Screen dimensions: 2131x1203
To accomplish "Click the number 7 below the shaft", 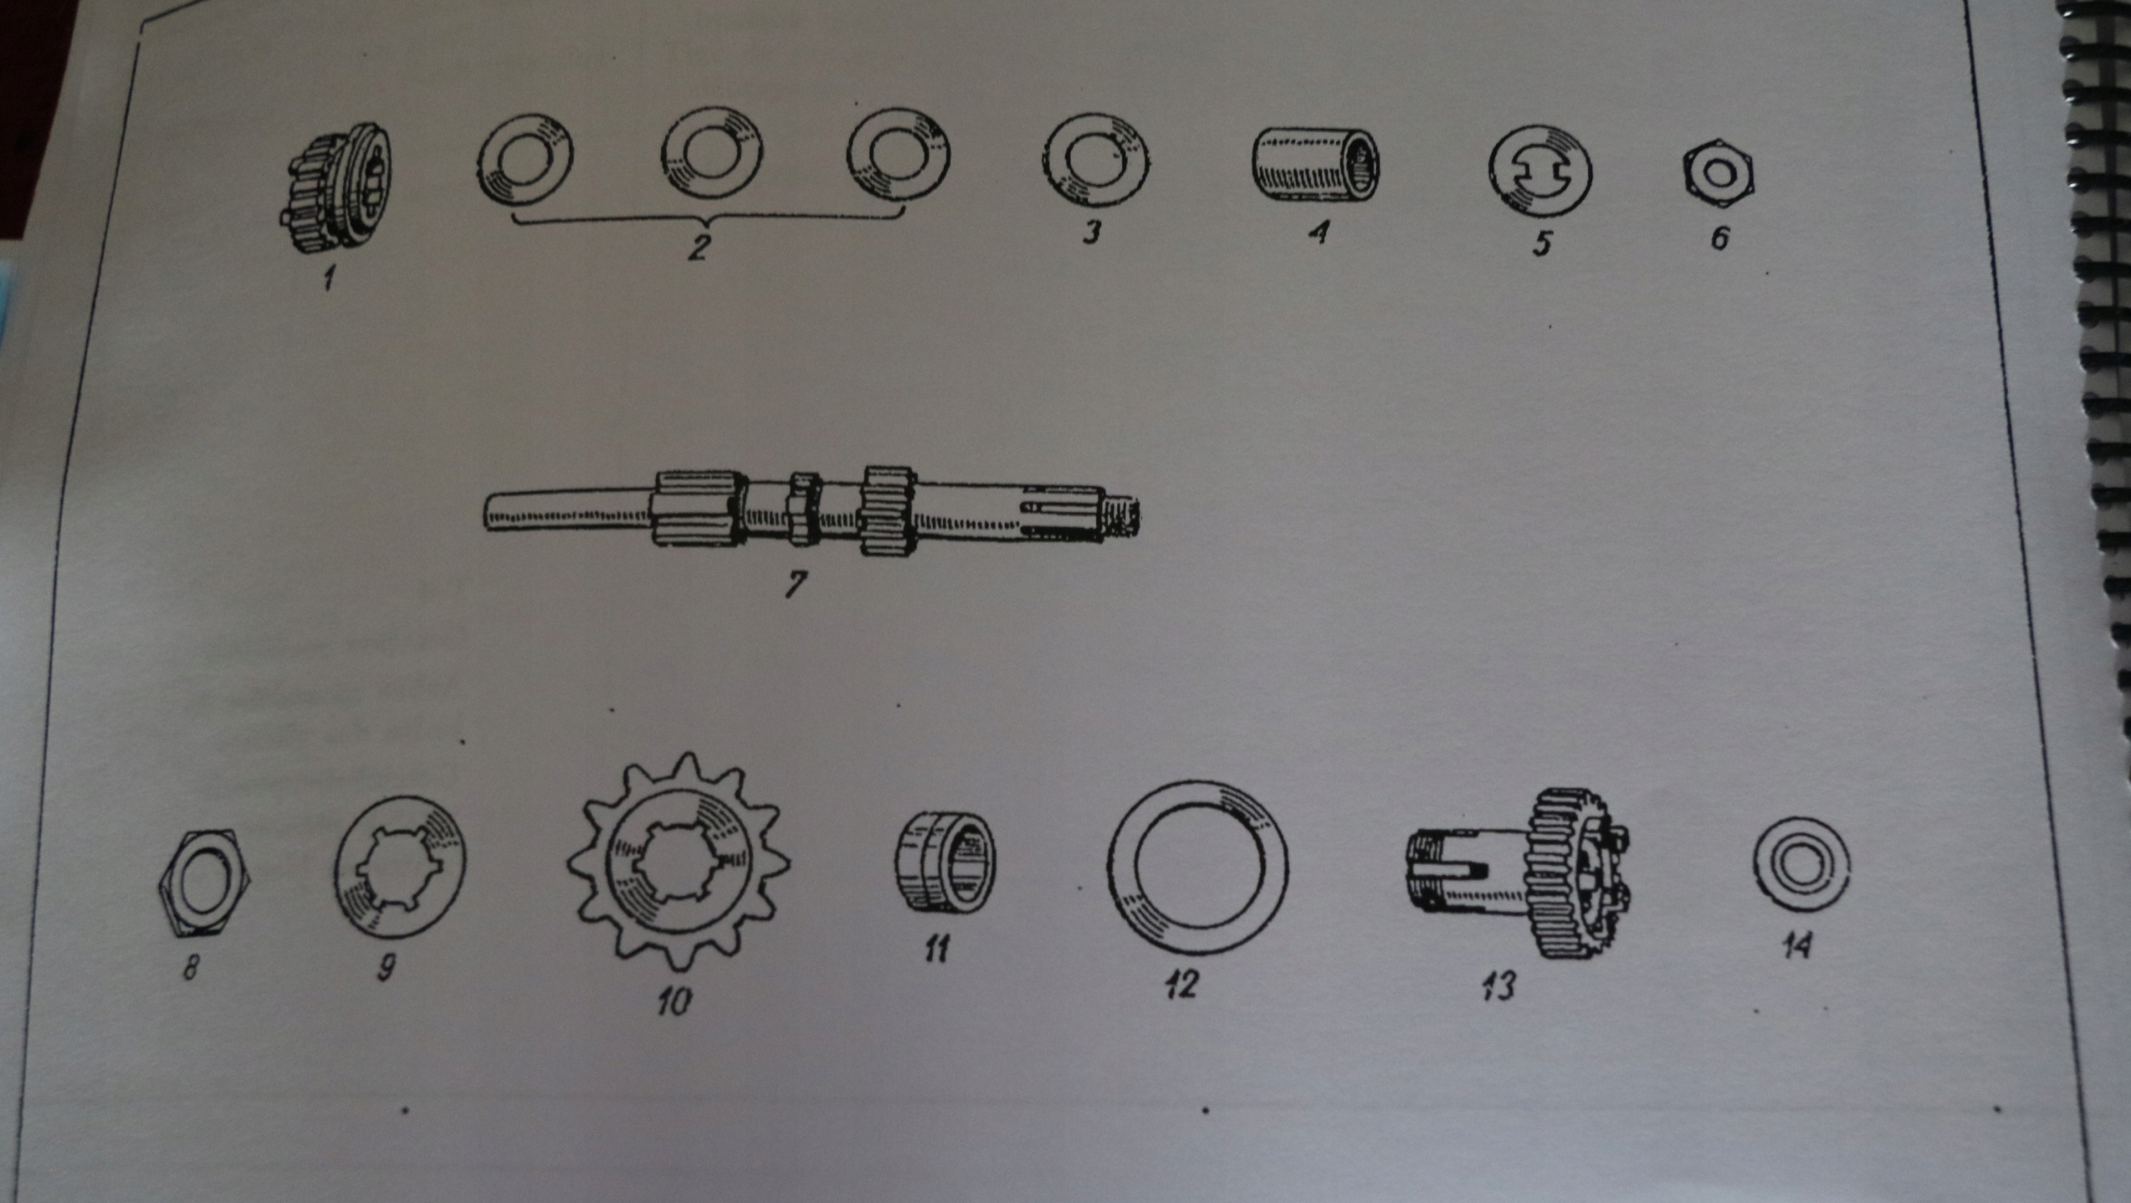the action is coord(795,584).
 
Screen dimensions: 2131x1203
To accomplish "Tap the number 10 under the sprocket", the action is coord(673,1002).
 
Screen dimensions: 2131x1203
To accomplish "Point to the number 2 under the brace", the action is coord(696,246).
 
